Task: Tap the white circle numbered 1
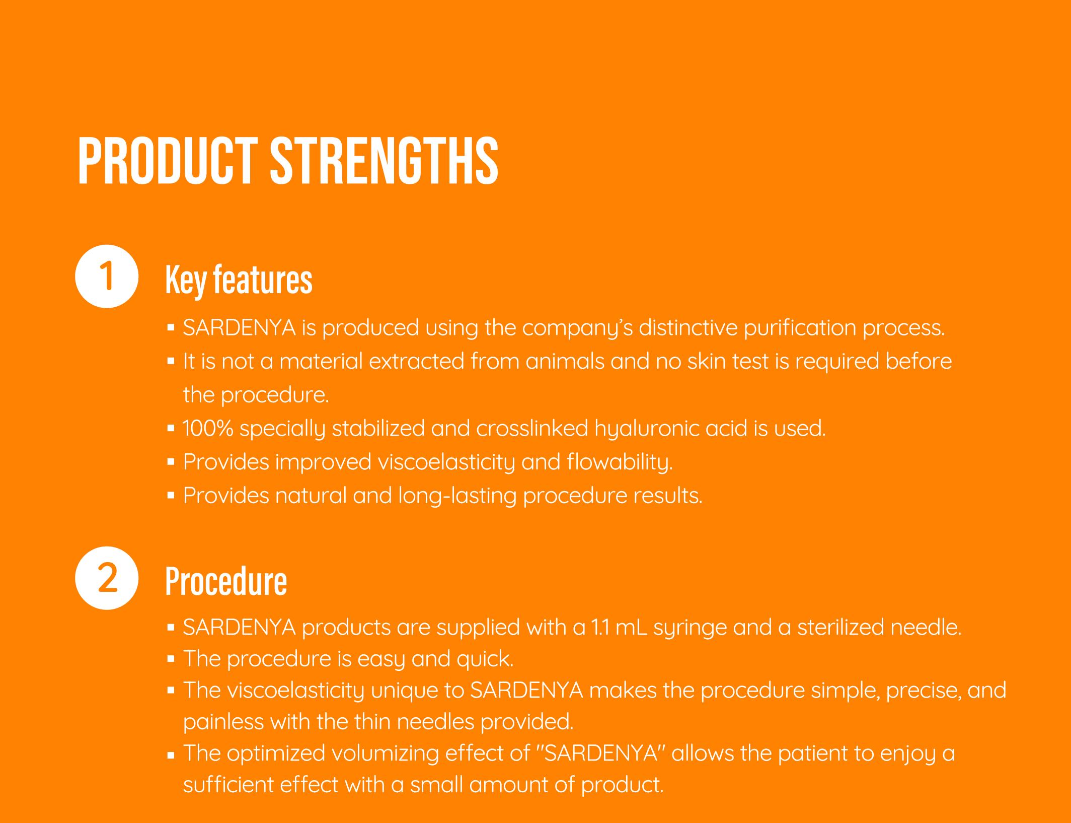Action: click(x=107, y=276)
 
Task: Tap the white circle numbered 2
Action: click(x=107, y=578)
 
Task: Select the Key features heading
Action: click(x=239, y=281)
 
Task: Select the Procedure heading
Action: click(x=226, y=582)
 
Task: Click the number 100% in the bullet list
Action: click(x=208, y=428)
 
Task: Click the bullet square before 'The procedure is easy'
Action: click(x=171, y=659)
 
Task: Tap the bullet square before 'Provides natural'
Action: click(x=171, y=496)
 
